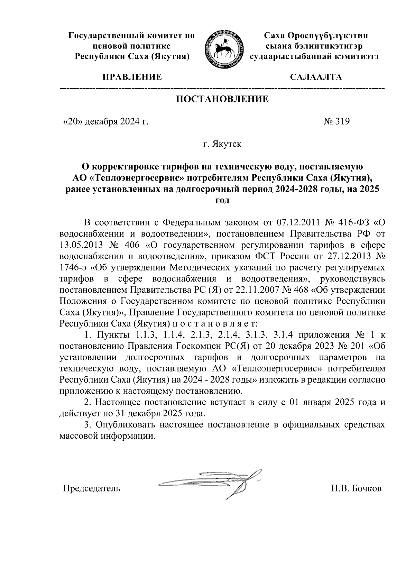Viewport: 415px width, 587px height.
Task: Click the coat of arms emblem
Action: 223,49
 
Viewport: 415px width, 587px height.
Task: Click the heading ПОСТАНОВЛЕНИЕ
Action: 222,100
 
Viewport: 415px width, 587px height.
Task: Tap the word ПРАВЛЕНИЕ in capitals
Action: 131,77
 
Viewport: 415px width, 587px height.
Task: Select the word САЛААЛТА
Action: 316,77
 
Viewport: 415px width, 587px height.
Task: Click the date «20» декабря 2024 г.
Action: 105,121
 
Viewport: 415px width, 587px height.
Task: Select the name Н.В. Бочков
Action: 356,488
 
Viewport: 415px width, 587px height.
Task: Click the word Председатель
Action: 91,488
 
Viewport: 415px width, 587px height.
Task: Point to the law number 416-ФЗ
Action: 352,222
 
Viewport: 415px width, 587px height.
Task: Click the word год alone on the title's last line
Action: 222,200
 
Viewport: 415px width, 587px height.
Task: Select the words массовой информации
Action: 106,436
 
